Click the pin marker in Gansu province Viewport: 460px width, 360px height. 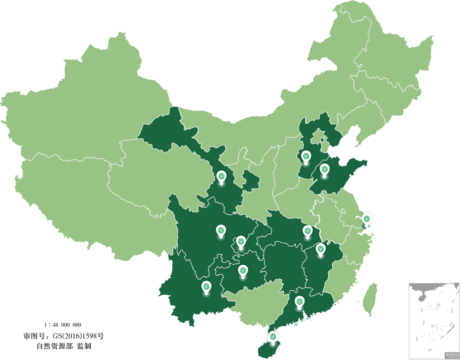click(221, 176)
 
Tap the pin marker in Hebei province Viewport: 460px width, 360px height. click(306, 156)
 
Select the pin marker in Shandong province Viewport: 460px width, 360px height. click(324, 169)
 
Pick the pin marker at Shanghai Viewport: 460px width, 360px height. click(367, 220)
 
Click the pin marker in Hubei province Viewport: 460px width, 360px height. click(307, 231)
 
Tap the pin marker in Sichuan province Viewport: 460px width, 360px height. click(220, 231)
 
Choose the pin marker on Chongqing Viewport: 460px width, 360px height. click(241, 242)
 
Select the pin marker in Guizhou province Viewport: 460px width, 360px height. click(243, 271)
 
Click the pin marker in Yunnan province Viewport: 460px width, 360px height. click(206, 287)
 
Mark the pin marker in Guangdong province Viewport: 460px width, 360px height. click(299, 302)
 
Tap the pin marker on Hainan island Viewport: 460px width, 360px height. click(273, 337)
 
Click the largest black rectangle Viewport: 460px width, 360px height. click(64, 336)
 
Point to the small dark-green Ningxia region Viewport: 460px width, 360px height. click(251, 181)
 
